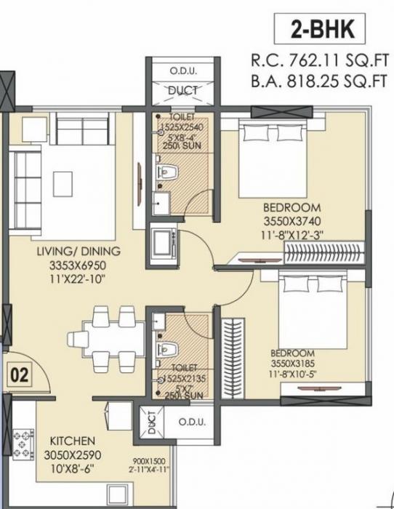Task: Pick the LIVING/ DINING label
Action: tap(78, 252)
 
